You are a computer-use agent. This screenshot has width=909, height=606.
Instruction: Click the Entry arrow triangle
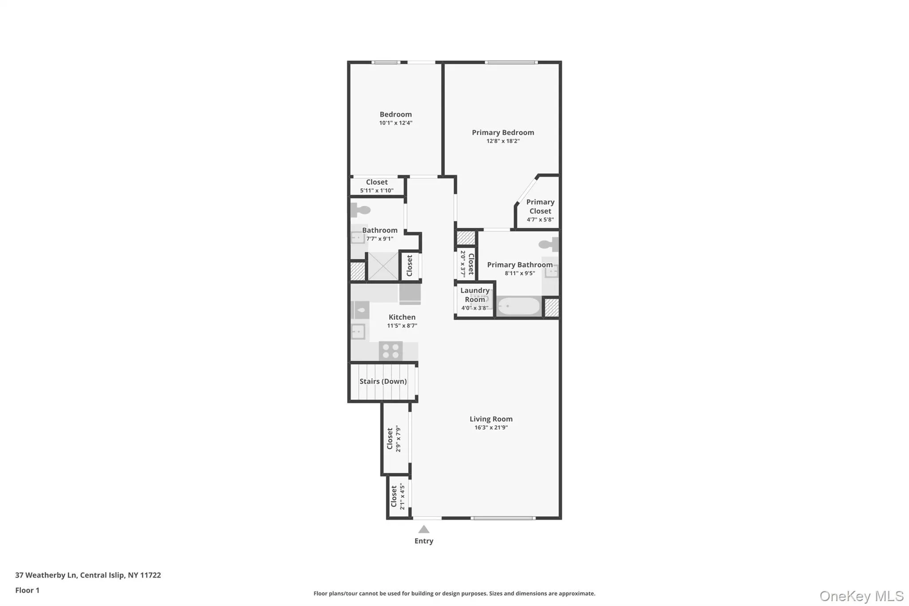coord(424,529)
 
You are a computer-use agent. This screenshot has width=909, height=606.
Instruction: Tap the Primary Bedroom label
coord(502,132)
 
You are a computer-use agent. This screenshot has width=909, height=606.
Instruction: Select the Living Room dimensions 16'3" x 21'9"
coord(491,428)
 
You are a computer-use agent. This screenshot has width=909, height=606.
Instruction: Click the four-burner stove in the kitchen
coord(391,351)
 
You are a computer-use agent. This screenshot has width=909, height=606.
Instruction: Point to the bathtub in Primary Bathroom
coord(518,306)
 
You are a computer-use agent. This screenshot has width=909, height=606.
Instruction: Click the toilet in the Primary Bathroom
coord(549,244)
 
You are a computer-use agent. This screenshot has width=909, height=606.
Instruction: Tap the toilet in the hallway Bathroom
coord(360,210)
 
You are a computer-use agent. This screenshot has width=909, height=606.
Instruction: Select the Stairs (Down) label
coord(383,381)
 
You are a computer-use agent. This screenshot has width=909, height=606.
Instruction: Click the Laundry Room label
coord(474,295)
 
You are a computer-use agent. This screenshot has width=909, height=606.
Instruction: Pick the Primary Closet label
coord(540,206)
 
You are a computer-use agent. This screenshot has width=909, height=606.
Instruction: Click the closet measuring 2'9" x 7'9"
coord(394,439)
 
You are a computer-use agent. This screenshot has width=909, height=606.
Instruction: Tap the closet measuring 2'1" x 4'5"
coord(398,496)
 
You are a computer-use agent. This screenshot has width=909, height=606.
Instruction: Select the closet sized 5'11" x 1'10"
coord(376,186)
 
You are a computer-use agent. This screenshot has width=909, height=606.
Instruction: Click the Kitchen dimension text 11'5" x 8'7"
coord(402,326)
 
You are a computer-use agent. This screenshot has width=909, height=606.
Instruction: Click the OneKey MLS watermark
coord(861,596)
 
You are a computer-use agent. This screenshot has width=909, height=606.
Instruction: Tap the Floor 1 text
coord(27,590)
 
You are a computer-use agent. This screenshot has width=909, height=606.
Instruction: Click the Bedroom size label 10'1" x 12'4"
coord(395,123)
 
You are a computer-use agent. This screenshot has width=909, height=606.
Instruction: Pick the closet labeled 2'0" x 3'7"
coord(466,264)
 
